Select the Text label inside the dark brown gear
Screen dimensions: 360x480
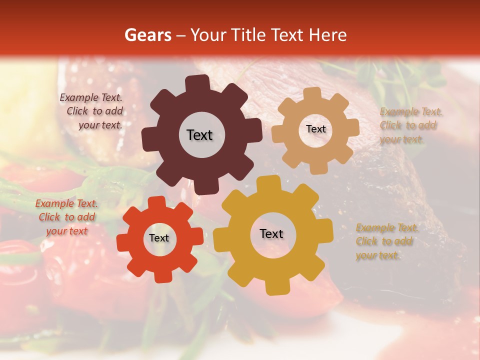point(199,135)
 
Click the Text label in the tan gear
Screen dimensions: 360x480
point(315,129)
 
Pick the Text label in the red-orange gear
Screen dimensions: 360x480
point(159,238)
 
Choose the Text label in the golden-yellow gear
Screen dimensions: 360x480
point(271,233)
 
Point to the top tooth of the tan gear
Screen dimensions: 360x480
point(312,94)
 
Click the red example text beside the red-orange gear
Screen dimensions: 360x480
point(67,217)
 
